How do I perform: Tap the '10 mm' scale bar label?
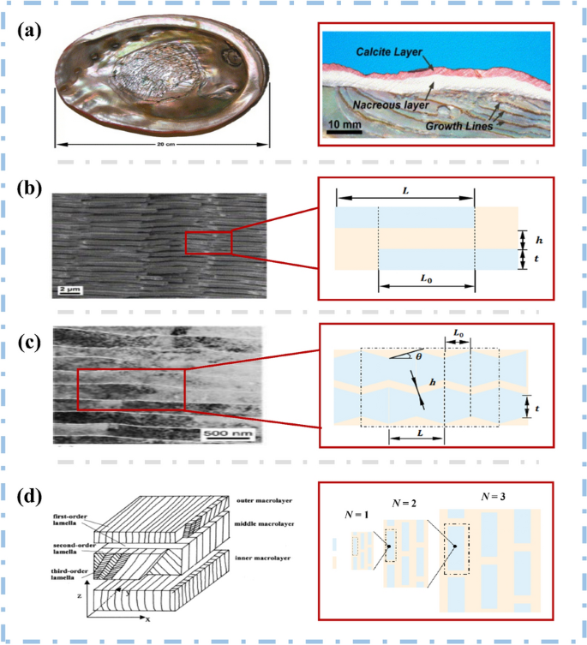(x=344, y=127)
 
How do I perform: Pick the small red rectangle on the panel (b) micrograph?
(x=208, y=242)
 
